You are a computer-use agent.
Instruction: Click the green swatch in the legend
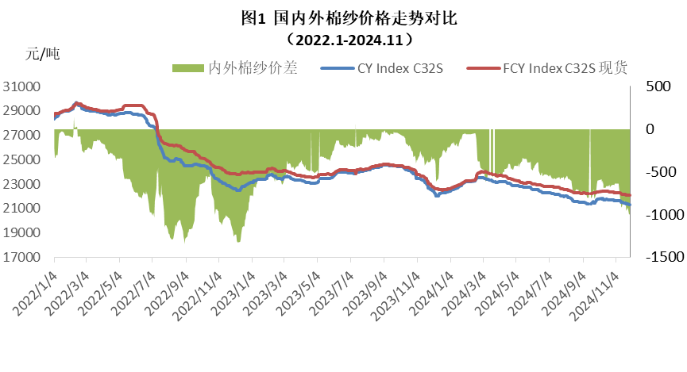click(x=187, y=69)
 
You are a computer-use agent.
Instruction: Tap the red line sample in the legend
click(x=484, y=69)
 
